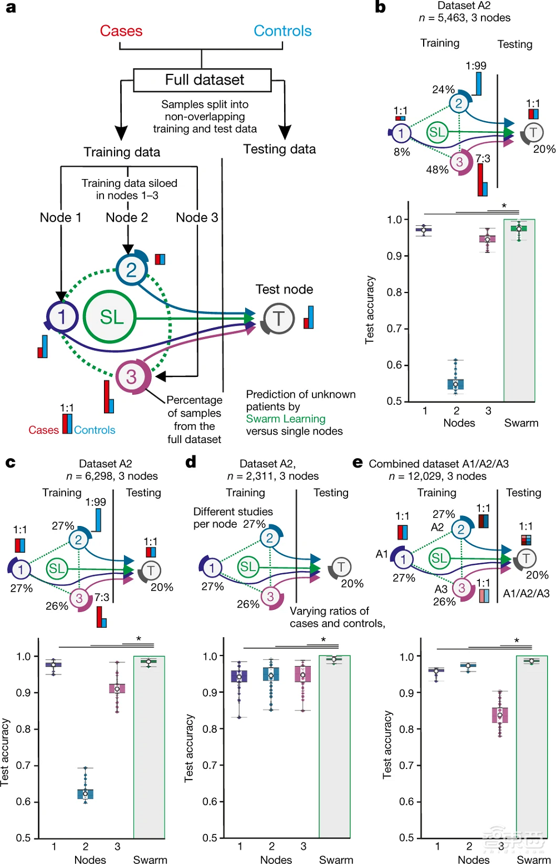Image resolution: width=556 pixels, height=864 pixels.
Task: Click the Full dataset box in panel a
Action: (202, 80)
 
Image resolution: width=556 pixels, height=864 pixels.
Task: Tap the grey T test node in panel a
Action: (278, 319)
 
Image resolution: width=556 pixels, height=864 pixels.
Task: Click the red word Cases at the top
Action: (121, 31)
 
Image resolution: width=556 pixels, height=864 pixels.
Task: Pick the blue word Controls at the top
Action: (282, 31)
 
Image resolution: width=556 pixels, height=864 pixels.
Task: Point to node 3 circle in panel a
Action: (131, 376)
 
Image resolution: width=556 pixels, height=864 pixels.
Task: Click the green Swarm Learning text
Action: (286, 419)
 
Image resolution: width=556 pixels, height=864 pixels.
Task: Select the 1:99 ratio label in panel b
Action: (476, 66)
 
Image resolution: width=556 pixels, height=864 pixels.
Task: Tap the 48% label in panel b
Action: (437, 170)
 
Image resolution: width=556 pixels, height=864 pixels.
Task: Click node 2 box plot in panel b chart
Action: (456, 383)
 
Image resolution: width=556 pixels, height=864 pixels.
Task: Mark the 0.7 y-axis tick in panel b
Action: (395, 329)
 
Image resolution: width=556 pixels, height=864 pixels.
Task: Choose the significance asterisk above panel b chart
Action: (504, 206)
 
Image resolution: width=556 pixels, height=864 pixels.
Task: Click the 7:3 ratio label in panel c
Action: (102, 597)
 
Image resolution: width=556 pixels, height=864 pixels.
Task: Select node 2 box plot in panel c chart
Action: (86, 793)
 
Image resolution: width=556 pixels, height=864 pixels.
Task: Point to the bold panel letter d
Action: (191, 462)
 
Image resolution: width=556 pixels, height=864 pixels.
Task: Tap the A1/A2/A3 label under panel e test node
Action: (526, 593)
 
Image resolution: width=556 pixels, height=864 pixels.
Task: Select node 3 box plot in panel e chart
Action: (500, 714)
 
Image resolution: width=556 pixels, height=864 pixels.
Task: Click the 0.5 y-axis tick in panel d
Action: (210, 837)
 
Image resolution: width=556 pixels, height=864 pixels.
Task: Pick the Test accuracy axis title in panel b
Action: (370, 310)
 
